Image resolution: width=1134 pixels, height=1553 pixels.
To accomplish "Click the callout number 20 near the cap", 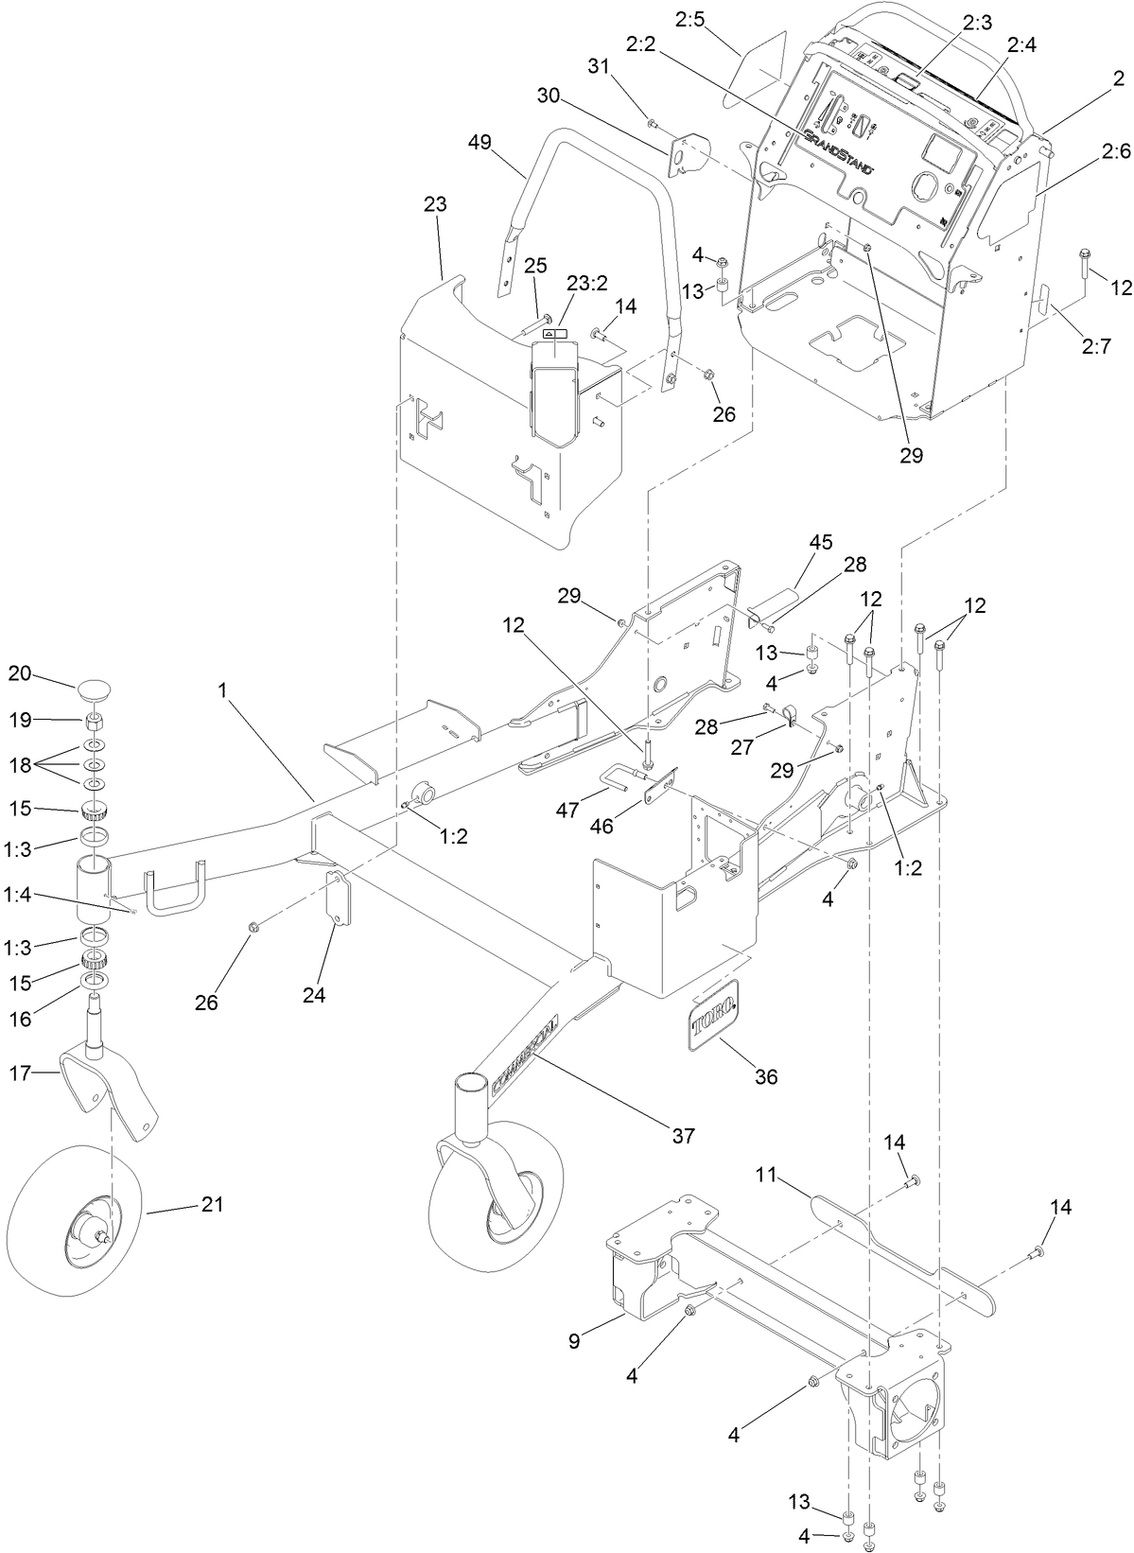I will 20,673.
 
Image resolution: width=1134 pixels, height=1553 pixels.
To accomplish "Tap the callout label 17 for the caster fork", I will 20,1073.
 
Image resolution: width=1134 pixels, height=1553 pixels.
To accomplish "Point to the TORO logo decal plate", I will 714,1013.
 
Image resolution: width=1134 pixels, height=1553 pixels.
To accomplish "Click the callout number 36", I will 766,1076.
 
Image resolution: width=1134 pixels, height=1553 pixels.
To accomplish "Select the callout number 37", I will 683,1135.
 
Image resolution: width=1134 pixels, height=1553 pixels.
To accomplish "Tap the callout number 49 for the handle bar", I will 480,142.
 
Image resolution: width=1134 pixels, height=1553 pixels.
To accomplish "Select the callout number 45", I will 820,542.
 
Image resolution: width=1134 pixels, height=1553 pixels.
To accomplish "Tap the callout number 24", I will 314,995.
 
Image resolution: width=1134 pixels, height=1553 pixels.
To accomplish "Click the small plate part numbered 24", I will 338,904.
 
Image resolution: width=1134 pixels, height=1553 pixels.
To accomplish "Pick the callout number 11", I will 765,1175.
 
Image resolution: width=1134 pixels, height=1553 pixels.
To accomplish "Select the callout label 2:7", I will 1095,346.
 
